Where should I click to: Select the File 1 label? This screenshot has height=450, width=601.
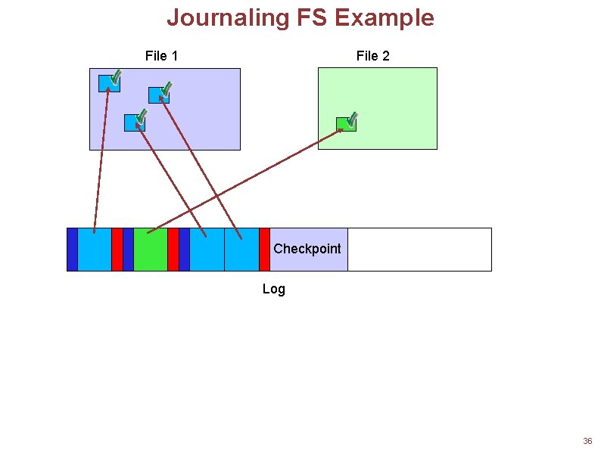click(x=161, y=56)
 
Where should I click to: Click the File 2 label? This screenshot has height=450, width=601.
click(x=372, y=56)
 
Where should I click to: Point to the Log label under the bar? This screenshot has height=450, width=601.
click(x=273, y=289)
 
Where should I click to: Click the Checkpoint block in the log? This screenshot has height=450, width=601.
click(x=308, y=249)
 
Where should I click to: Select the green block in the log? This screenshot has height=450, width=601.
click(x=150, y=249)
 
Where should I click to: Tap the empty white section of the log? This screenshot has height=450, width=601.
click(x=419, y=249)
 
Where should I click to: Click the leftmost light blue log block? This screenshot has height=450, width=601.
click(x=94, y=249)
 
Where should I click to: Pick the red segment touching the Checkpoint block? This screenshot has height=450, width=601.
click(x=264, y=249)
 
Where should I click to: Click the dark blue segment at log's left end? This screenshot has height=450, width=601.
click(x=72, y=249)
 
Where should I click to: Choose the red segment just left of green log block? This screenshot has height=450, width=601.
click(x=117, y=249)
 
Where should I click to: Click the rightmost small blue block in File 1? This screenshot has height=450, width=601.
click(x=157, y=95)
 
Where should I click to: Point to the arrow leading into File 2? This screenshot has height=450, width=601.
click(x=250, y=179)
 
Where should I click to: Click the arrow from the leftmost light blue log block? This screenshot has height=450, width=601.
click(x=101, y=159)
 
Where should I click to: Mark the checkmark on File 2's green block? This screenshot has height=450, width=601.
click(x=352, y=119)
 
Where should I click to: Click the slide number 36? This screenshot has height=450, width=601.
click(x=587, y=441)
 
